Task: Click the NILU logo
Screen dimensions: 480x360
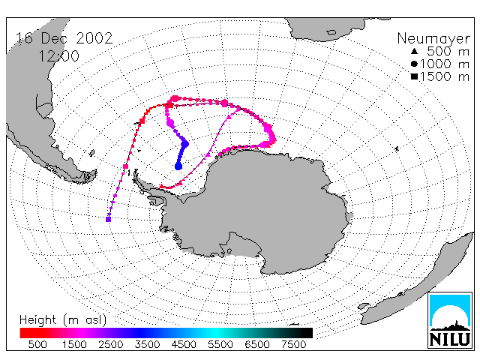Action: (x=450, y=320)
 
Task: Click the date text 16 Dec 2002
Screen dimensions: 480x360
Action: (x=64, y=38)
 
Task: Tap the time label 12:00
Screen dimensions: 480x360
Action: (x=58, y=56)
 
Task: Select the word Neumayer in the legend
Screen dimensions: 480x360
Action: (x=433, y=39)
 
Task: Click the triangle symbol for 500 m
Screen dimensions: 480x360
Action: (x=414, y=51)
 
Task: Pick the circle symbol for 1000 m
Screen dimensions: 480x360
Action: (x=414, y=64)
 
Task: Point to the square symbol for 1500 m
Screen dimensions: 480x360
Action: (x=414, y=76)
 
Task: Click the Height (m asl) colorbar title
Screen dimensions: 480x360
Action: (x=63, y=320)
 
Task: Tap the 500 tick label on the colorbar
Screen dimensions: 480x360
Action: (x=37, y=345)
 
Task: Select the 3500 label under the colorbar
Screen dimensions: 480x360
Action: (x=147, y=345)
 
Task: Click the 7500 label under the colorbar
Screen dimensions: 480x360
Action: (x=293, y=345)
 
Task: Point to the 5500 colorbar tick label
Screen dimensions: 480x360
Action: (x=220, y=345)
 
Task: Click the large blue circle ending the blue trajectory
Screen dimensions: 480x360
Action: (x=178, y=166)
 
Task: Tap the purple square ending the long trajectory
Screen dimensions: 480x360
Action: (x=108, y=219)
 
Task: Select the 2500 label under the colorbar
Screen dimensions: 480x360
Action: (x=111, y=345)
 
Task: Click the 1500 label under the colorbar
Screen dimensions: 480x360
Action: (x=74, y=345)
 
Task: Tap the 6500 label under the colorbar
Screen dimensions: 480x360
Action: (x=257, y=345)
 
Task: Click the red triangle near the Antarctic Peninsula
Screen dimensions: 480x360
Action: (x=162, y=186)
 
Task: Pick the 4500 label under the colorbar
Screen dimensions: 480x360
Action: (x=184, y=345)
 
